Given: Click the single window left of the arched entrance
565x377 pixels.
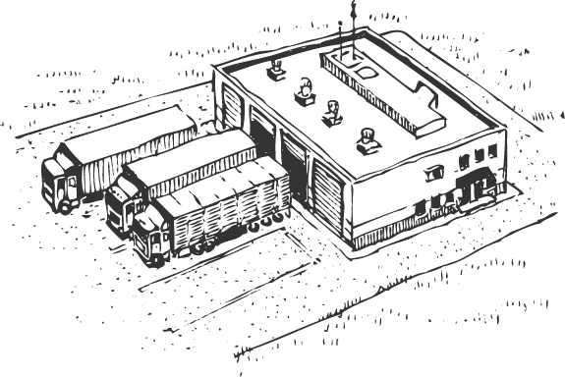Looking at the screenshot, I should [x=433, y=175].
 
